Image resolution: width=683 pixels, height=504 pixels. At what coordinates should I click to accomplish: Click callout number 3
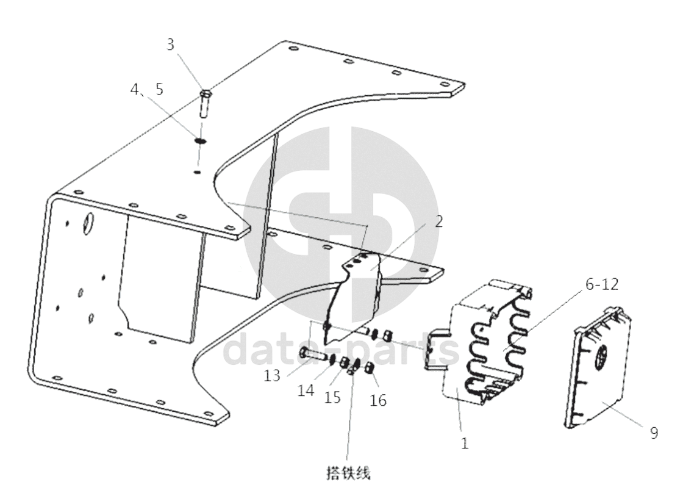[x=170, y=45]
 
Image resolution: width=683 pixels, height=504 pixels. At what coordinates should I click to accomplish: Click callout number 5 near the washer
[x=159, y=89]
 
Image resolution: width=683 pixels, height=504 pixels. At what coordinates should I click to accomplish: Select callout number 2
[x=438, y=221]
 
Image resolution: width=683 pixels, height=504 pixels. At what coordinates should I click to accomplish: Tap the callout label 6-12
[x=602, y=284]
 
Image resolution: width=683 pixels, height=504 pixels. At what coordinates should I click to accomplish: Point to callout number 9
[x=654, y=433]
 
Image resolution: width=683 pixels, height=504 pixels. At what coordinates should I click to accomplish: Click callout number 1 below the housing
[x=465, y=444]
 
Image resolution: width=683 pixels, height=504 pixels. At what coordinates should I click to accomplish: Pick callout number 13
[x=272, y=375]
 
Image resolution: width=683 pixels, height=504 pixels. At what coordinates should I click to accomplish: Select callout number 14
[x=306, y=391]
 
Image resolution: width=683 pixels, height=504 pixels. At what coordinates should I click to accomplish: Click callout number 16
[x=378, y=400]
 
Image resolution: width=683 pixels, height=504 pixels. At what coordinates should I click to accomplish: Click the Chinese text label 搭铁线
[x=348, y=473]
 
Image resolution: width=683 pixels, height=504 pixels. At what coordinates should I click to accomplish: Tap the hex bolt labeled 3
[x=205, y=103]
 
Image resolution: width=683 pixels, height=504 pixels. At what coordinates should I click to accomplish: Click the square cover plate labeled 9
[x=599, y=367]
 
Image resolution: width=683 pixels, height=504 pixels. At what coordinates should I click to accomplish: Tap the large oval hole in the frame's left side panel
[x=88, y=223]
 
